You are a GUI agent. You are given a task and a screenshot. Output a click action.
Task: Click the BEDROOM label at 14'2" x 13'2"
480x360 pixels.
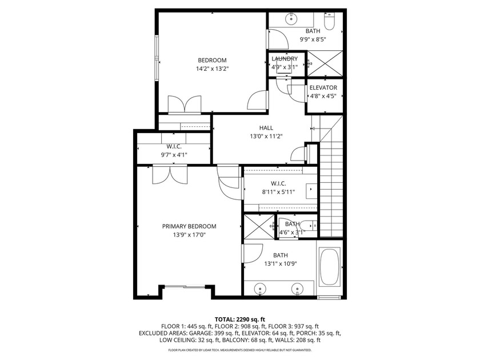coord(212,61)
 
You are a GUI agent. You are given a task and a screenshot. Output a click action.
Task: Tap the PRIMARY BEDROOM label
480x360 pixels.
coord(189,226)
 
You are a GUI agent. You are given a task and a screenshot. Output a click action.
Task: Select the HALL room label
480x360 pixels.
coord(266,128)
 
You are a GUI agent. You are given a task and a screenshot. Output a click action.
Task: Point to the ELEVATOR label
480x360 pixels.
coord(323,87)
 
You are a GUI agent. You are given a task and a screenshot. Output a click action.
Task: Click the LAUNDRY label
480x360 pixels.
coord(284,59)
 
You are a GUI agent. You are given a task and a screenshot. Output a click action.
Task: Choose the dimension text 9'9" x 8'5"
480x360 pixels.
coord(313,40)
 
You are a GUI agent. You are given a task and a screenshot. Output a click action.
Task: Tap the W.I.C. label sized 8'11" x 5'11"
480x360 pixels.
coord(278,183)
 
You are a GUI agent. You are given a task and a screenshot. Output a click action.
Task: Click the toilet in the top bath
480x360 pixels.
coord(330,23)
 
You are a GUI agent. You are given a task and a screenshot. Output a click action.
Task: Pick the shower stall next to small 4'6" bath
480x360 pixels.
coord(259,227)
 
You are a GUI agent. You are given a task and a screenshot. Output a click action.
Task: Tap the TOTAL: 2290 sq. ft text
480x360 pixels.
coord(239,319)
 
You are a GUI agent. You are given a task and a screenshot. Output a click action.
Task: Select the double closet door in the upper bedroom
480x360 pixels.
coord(184,105)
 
